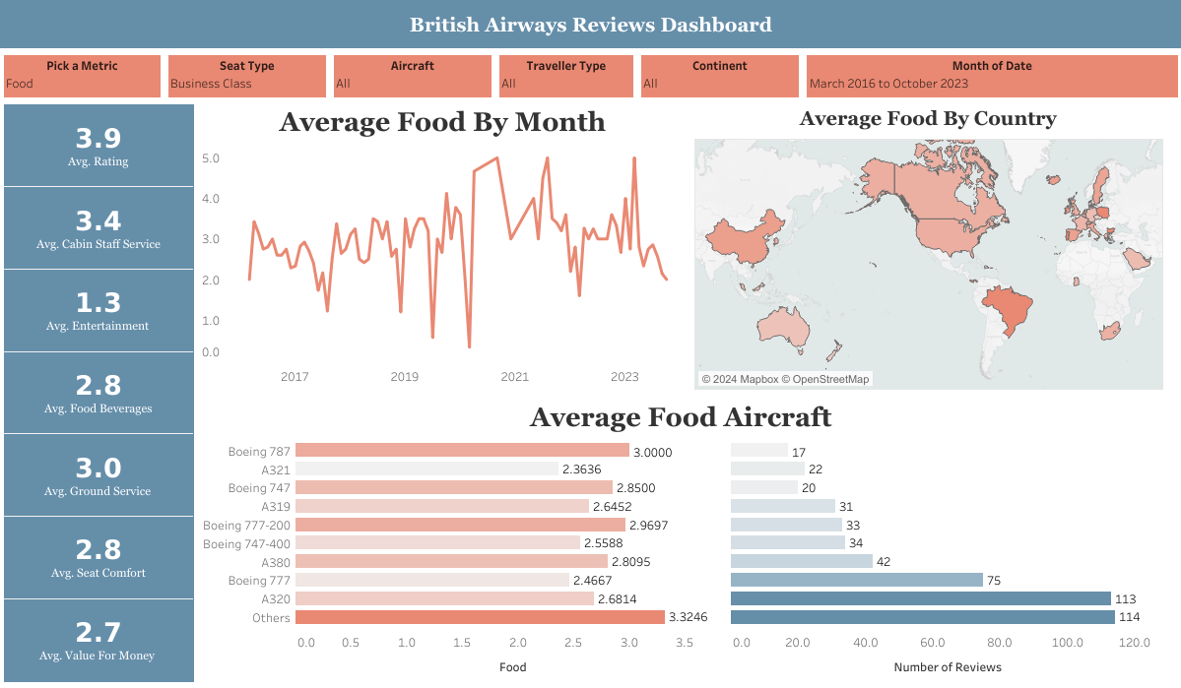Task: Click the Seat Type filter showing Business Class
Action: click(x=246, y=76)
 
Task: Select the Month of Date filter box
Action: click(x=991, y=76)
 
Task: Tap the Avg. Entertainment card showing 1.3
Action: click(x=98, y=310)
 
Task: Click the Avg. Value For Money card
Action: click(x=98, y=640)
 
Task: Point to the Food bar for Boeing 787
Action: click(x=461, y=451)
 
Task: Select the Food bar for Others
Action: click(x=480, y=617)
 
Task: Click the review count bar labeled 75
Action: click(x=856, y=581)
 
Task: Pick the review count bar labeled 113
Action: click(x=920, y=598)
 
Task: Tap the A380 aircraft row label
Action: click(x=276, y=562)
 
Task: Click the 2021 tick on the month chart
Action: click(x=514, y=377)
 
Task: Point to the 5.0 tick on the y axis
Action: click(x=211, y=158)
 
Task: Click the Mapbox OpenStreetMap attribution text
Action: click(x=785, y=379)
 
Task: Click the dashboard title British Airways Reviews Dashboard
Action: click(x=590, y=25)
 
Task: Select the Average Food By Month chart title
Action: click(x=442, y=122)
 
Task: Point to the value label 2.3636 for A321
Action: click(x=582, y=469)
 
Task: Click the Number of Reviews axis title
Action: click(x=947, y=667)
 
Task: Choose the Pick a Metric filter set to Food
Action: click(x=82, y=76)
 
